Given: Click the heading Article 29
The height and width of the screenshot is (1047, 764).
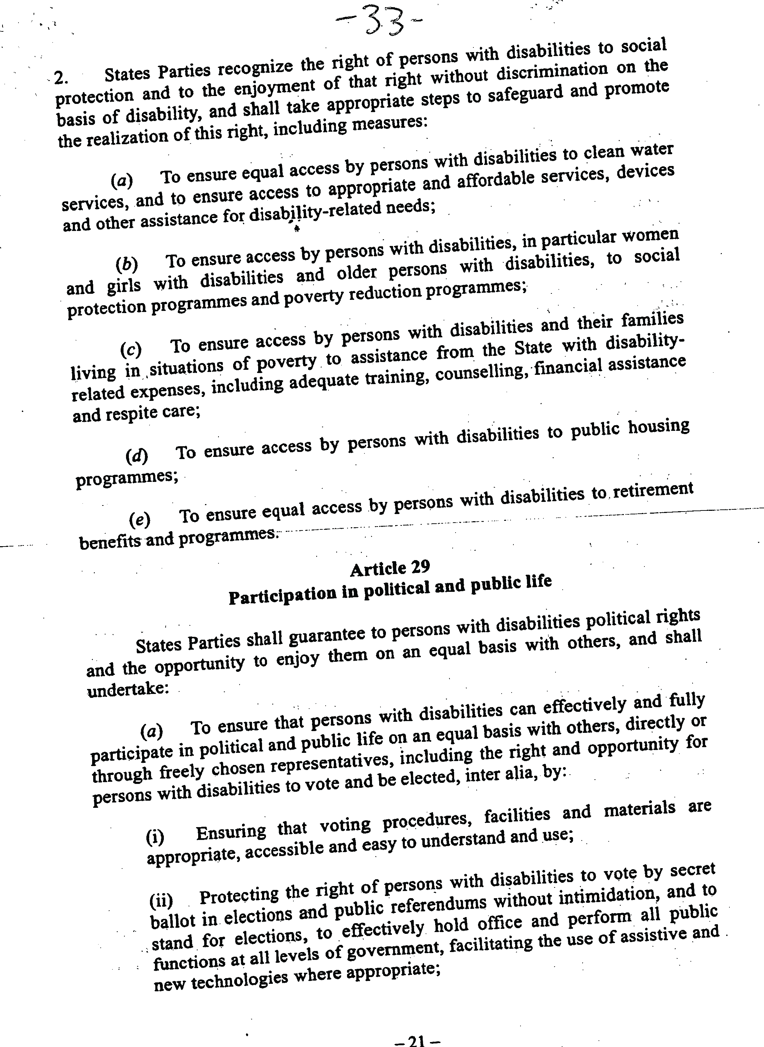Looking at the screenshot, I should [390, 568].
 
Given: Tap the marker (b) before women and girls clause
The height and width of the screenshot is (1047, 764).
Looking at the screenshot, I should [127, 264].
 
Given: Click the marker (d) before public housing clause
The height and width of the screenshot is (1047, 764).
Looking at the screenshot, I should [136, 457].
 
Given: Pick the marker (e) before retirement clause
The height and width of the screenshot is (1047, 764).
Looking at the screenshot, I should [139, 520].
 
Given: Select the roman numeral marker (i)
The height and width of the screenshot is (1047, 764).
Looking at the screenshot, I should [155, 836].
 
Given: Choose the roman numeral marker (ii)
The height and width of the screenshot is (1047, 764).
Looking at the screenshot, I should [161, 900].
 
